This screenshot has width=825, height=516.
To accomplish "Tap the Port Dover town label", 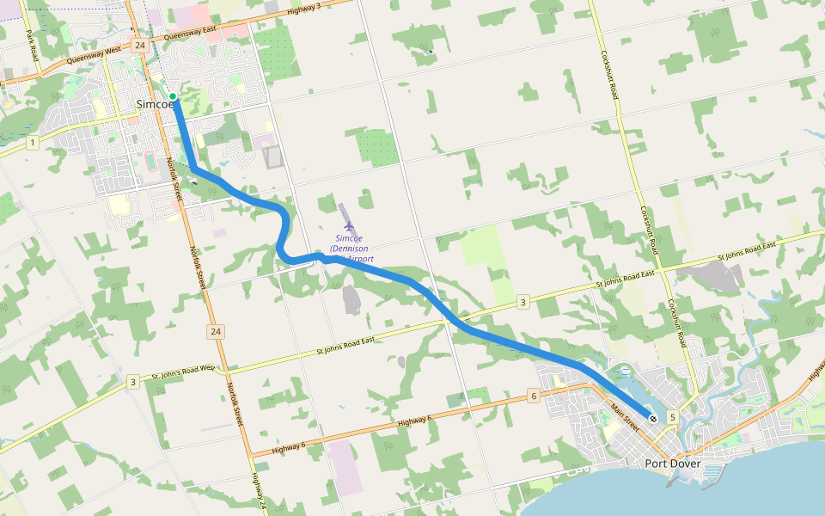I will tap(673, 464).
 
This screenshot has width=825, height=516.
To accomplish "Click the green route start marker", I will tap(173, 96).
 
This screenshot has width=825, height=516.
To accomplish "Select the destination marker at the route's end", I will tap(653, 419).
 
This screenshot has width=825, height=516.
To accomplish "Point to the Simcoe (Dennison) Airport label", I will tap(351, 248).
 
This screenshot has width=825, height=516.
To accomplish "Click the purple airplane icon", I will tap(348, 225).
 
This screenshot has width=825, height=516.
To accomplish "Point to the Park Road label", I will tap(33, 51).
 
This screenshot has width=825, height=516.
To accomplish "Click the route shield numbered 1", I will tap(32, 142).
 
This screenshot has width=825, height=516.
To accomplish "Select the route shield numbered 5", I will tap(673, 417).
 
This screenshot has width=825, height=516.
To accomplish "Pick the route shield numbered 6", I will tap(534, 396).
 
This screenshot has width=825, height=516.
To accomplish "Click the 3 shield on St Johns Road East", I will tap(522, 302).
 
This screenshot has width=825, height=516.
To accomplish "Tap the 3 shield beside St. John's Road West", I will tap(133, 381).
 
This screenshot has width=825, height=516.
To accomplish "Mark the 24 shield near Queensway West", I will tap(139, 44).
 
